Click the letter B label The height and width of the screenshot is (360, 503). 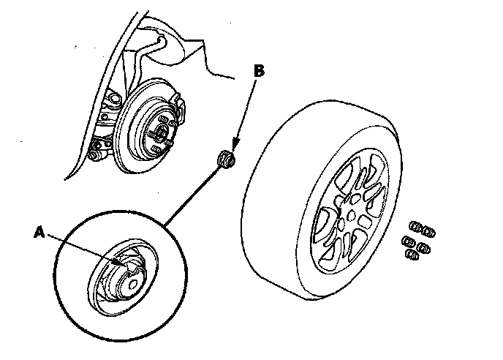point(259,71)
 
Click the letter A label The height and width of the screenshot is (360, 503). point(39,232)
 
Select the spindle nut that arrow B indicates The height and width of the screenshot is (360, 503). point(226,160)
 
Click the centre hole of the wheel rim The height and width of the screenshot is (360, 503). point(351,215)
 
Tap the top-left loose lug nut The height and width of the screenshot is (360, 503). point(416,226)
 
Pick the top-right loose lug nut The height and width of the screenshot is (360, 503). point(429,231)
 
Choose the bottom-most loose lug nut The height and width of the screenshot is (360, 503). point(412,255)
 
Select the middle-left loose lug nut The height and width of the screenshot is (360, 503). point(409,241)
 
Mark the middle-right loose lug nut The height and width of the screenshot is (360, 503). point(424,248)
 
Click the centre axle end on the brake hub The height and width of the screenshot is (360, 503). point(161,132)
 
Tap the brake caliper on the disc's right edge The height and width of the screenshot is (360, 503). point(178,106)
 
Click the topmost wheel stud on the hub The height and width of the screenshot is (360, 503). point(164,119)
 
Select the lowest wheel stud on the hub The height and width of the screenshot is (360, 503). point(156,149)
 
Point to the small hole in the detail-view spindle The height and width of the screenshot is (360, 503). point(132,284)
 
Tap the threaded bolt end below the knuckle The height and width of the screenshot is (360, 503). point(95,157)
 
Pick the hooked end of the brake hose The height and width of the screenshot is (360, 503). point(162,40)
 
